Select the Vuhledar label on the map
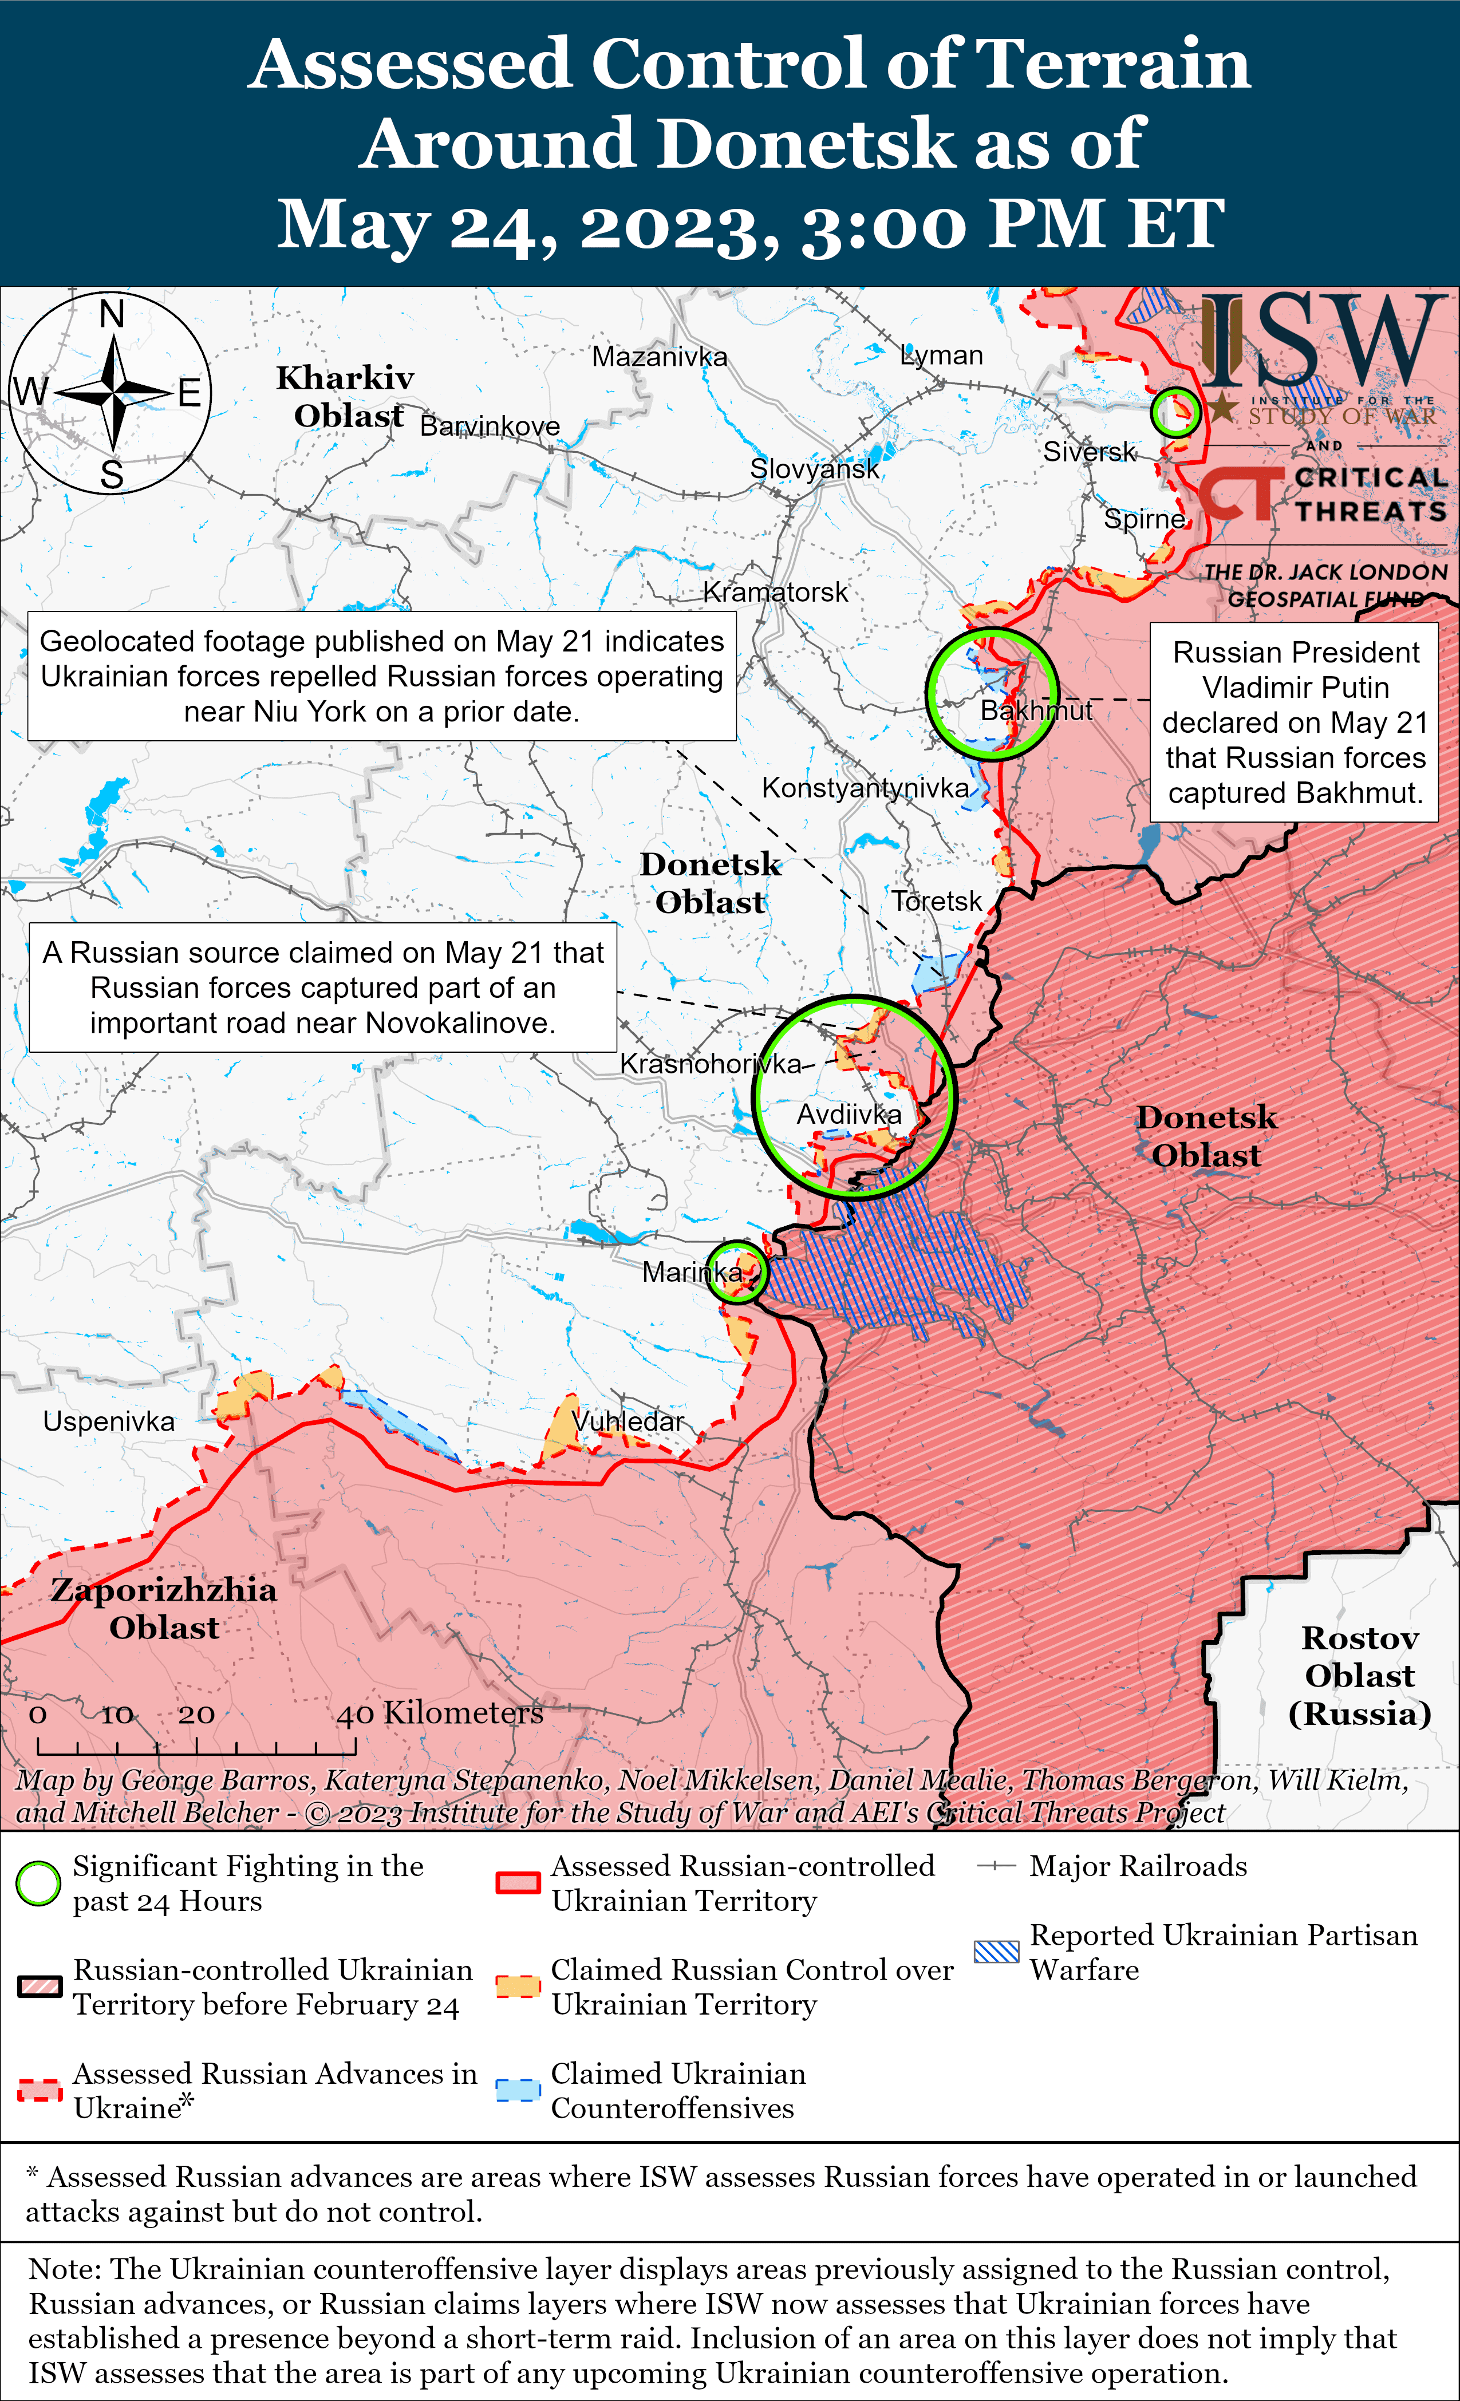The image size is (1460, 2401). click(x=629, y=1421)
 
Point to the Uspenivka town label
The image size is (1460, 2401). click(x=109, y=1421)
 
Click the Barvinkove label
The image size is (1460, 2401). click(x=490, y=426)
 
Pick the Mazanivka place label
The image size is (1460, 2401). click(x=660, y=357)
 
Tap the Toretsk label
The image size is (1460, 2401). click(x=937, y=901)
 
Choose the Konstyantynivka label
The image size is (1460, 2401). click(x=866, y=787)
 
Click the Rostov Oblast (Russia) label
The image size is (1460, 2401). click(x=1360, y=1676)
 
